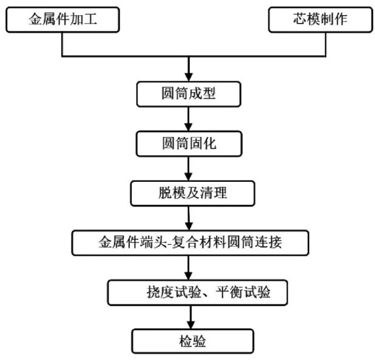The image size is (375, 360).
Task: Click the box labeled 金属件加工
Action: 62,19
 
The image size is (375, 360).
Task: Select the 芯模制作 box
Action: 320,19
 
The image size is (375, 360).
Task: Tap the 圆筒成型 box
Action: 189,94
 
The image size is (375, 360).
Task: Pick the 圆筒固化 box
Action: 189,144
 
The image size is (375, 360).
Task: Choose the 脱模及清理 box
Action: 192,193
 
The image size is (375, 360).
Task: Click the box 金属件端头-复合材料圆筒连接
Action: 190,242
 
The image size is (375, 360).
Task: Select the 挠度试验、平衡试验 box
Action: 197,292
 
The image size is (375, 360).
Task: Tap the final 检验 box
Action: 192,341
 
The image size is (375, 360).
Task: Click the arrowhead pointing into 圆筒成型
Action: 189,78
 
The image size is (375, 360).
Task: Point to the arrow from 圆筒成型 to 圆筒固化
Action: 189,119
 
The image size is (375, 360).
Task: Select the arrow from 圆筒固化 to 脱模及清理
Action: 189,168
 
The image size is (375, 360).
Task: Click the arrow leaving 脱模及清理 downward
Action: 189,218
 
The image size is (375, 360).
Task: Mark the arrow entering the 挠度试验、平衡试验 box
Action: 189,268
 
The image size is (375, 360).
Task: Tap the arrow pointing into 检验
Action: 191,317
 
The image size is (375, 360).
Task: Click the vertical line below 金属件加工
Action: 62,44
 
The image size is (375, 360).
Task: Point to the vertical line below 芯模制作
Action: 325,44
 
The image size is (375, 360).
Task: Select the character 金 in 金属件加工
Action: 35,19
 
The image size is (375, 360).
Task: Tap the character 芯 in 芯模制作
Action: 300,19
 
